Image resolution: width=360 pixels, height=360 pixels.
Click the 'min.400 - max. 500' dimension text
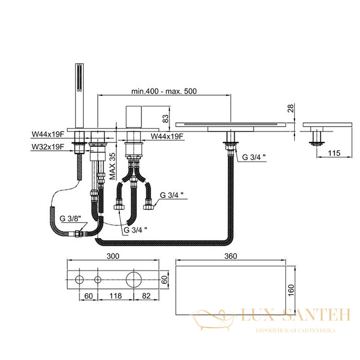pyautogui.click(x=164, y=91)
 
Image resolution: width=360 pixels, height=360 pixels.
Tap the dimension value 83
pyautogui.click(x=165, y=118)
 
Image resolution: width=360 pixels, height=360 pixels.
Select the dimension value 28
pyautogui.click(x=291, y=108)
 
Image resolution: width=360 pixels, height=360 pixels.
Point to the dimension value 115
pyautogui.click(x=334, y=153)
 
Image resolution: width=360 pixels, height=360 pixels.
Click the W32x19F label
pyautogui.click(x=48, y=147)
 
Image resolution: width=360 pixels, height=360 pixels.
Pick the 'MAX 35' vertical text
pyautogui.click(x=112, y=166)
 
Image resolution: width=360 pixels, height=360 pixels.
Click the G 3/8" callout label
pyautogui.click(x=70, y=219)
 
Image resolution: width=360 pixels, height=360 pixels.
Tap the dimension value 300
pyautogui.click(x=113, y=256)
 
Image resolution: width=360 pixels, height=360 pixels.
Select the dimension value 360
pyautogui.click(x=230, y=256)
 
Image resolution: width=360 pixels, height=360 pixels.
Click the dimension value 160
pyautogui.click(x=291, y=290)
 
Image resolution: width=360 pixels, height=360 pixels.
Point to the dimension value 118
pyautogui.click(x=116, y=296)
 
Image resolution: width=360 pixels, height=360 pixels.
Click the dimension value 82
pyautogui.click(x=146, y=296)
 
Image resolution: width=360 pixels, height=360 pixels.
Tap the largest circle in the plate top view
pyautogui.click(x=134, y=280)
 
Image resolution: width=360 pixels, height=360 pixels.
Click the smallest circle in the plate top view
pyautogui.click(x=98, y=280)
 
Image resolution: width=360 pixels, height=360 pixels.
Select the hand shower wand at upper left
pyautogui.click(x=79, y=96)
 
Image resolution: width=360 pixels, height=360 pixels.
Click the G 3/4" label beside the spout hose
pyautogui.click(x=254, y=157)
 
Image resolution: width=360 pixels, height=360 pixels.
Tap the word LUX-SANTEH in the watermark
pyautogui.click(x=296, y=315)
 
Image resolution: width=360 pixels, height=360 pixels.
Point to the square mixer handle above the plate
pyautogui.click(x=134, y=117)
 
